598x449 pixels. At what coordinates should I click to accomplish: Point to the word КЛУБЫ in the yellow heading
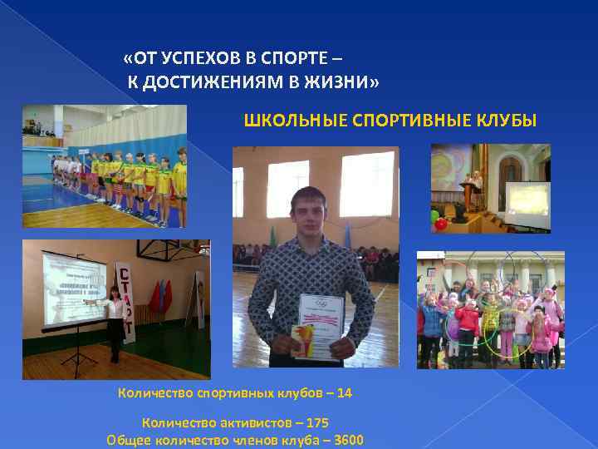[509, 121]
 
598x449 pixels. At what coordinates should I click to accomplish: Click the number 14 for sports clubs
[345, 392]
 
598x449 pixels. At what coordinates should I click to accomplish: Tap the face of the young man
[310, 215]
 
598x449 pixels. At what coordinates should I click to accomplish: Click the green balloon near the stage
[434, 217]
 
